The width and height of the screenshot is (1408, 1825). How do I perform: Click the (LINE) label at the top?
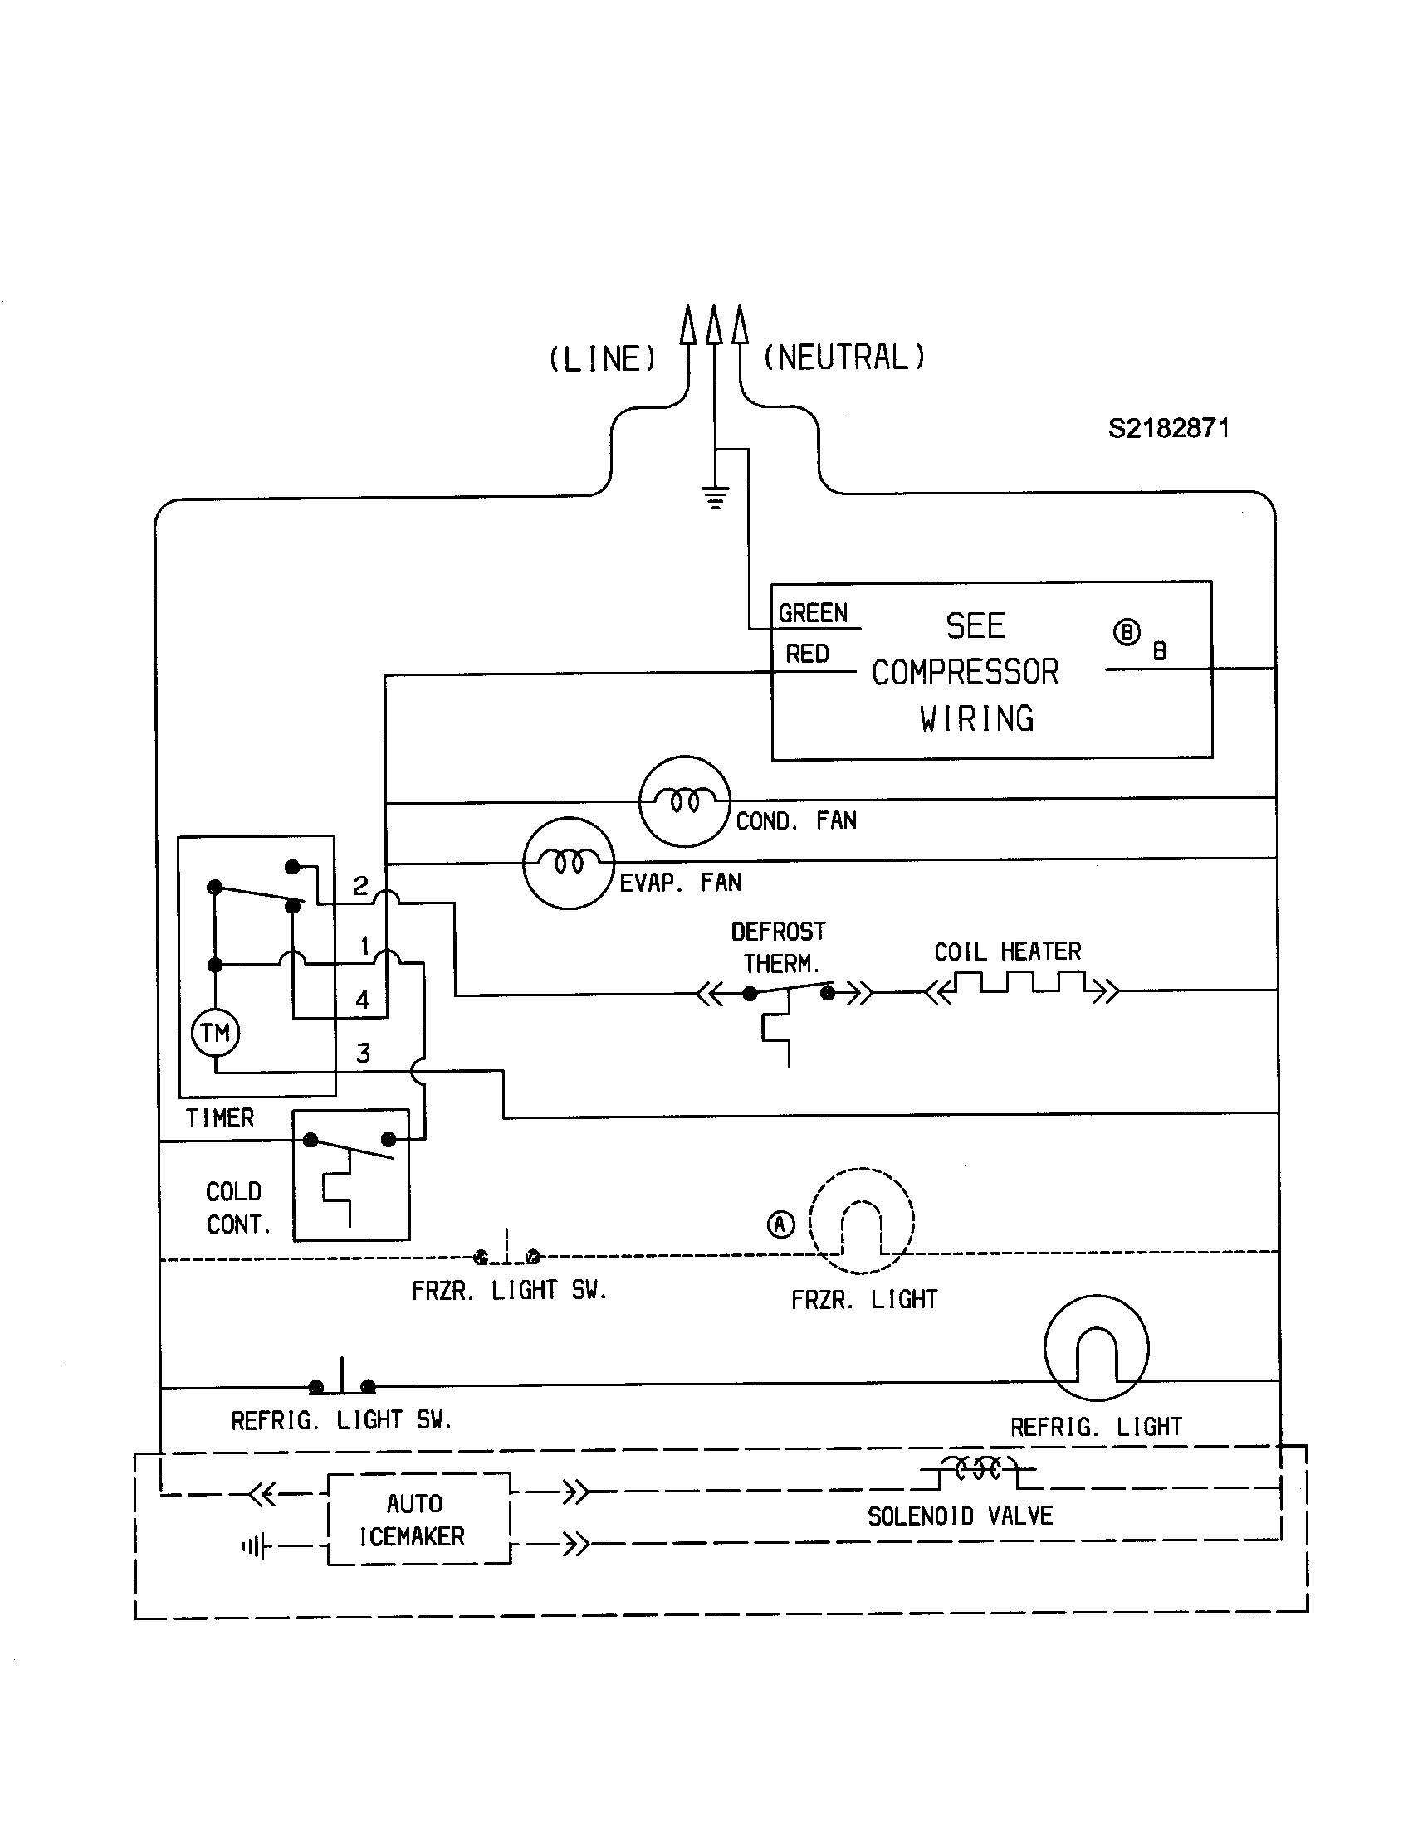pos(602,359)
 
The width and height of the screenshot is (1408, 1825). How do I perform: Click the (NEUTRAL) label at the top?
pos(843,358)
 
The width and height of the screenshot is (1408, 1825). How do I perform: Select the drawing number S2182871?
pos(1168,429)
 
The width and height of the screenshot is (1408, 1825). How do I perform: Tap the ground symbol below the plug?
pos(716,498)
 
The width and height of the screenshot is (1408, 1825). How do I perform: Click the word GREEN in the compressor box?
pos(813,613)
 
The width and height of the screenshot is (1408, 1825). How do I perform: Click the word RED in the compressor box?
pos(807,654)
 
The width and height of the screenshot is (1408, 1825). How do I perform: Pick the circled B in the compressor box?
pos(1127,633)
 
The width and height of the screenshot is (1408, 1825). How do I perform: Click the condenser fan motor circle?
pos(684,801)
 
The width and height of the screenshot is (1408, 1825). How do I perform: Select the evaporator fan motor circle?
pos(569,863)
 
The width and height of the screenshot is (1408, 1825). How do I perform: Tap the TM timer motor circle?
pos(216,1033)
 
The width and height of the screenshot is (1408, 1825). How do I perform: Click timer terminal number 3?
pos(363,1054)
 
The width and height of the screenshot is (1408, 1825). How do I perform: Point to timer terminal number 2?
pos(360,886)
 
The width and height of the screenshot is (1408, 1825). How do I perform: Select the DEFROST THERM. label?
pos(778,947)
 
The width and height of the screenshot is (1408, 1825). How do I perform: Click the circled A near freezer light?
pos(780,1225)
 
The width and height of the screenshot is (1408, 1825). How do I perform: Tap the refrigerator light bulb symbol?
pos(1096,1348)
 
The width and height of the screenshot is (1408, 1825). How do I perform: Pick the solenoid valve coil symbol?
pos(978,1469)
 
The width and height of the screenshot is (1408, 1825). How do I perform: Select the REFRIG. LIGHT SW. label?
pos(341,1420)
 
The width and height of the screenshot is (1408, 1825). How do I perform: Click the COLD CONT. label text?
pos(237,1208)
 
